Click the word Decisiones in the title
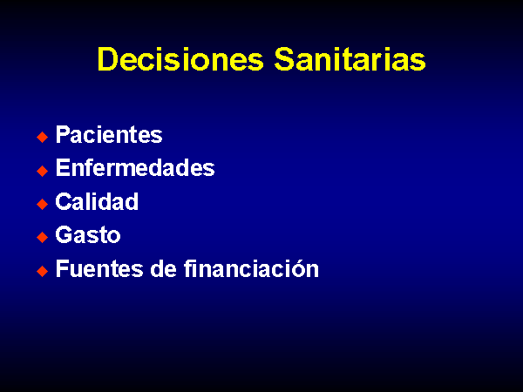(x=180, y=59)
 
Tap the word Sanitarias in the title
(x=350, y=59)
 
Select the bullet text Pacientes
(x=109, y=135)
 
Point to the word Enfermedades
(x=135, y=167)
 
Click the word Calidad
(x=97, y=201)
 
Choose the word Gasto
(x=88, y=234)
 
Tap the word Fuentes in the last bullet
(x=99, y=268)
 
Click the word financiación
(x=252, y=268)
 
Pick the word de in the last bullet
(x=163, y=268)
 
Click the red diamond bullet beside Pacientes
(x=43, y=137)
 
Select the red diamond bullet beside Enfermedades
(x=43, y=171)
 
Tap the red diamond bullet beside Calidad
(x=43, y=204)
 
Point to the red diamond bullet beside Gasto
(x=43, y=237)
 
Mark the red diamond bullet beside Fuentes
(x=43, y=271)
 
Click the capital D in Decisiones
(x=108, y=59)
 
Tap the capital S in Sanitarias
(x=284, y=59)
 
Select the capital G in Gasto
(x=64, y=234)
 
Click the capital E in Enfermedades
(x=63, y=167)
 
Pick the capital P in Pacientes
(x=64, y=134)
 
